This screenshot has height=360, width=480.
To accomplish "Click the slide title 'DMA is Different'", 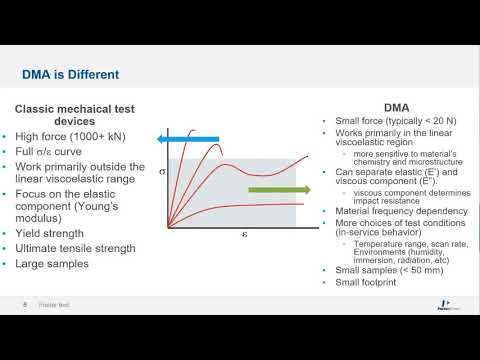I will (x=71, y=74).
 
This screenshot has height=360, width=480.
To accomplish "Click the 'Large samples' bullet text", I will (x=54, y=264).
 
